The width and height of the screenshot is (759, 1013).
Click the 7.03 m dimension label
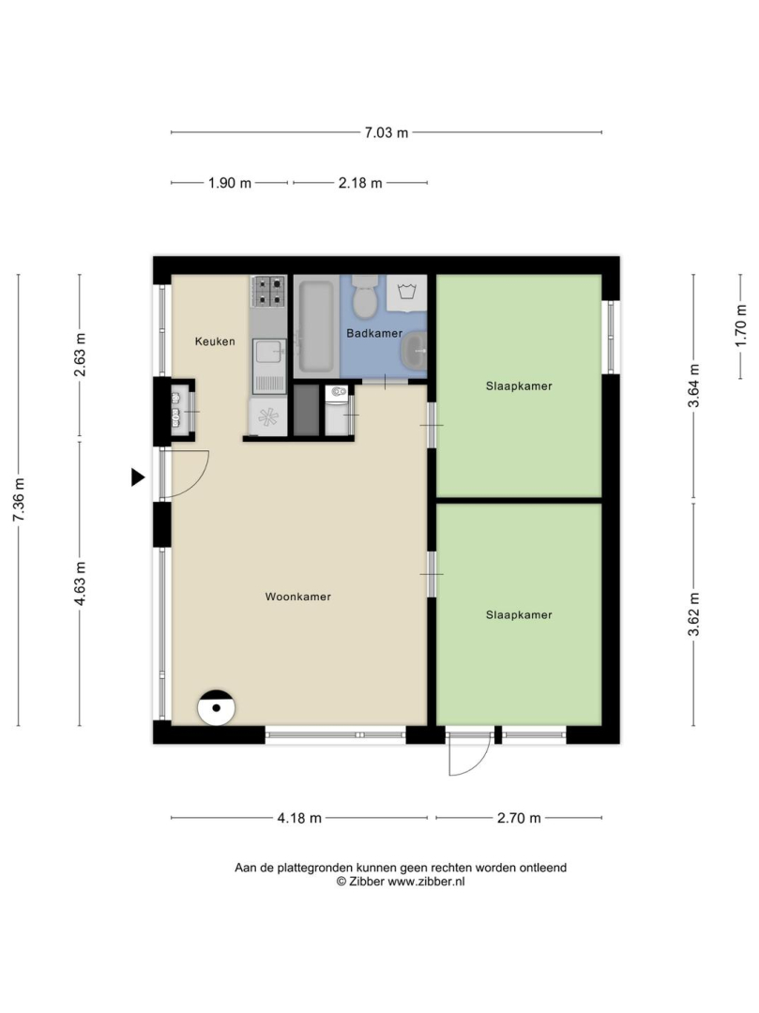click(x=387, y=133)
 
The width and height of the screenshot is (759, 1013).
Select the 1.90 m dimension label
click(x=229, y=183)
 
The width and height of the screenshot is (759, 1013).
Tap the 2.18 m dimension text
click(x=360, y=183)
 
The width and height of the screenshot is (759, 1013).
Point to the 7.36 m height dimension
click(x=19, y=500)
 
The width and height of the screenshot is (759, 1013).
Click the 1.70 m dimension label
click(x=740, y=326)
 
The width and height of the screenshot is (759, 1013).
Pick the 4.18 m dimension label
click(x=299, y=818)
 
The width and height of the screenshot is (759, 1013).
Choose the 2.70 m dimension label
click(x=519, y=818)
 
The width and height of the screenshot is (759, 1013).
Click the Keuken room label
click(x=215, y=341)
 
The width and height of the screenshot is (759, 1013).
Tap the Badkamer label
click(x=374, y=333)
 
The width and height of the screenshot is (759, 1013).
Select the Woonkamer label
click(x=297, y=597)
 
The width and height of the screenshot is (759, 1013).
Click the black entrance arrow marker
click(x=138, y=477)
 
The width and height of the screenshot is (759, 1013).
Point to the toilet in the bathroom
click(x=366, y=296)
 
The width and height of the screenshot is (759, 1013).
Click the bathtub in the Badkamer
click(x=316, y=326)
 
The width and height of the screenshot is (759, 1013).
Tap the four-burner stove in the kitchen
click(x=268, y=292)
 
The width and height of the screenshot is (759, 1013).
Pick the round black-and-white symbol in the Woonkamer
click(x=216, y=707)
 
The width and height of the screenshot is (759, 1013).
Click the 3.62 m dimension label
click(x=693, y=614)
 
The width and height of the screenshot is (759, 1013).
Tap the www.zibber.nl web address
click(x=426, y=881)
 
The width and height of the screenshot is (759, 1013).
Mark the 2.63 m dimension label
click(x=80, y=355)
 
